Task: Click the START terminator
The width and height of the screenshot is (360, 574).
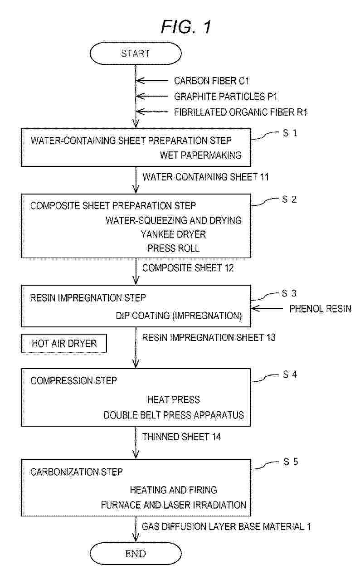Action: click(136, 54)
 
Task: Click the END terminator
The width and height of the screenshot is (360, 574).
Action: click(136, 554)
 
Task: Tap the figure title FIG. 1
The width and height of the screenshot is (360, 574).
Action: click(186, 27)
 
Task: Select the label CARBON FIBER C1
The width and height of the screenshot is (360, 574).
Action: click(211, 81)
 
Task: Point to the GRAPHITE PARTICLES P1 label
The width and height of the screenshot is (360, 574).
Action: click(225, 97)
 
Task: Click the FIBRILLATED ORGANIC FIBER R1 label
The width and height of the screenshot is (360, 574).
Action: click(241, 112)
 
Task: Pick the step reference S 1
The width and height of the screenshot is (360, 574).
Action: click(290, 133)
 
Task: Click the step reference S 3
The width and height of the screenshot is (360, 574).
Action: click(289, 293)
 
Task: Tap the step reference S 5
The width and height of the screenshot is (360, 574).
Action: click(291, 462)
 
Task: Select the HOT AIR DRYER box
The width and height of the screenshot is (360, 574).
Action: click(64, 343)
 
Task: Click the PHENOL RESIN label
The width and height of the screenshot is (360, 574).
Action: click(320, 309)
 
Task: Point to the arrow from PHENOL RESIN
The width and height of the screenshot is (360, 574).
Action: click(267, 308)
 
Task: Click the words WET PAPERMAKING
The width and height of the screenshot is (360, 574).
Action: click(200, 155)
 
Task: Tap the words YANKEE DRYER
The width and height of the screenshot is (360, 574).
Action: click(174, 234)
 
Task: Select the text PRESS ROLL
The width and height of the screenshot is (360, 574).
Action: click(174, 248)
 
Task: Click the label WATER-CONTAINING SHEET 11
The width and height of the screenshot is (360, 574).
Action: click(205, 177)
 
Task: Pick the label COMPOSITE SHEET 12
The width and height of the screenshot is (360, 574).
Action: click(188, 268)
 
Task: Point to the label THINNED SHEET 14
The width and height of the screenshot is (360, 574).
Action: click(181, 437)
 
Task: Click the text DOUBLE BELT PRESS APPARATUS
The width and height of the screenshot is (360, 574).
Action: click(174, 415)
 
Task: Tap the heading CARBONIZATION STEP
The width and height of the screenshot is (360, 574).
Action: click(76, 472)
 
